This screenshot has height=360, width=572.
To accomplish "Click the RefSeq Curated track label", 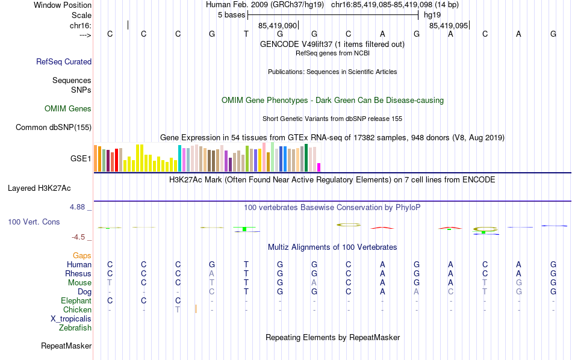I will pos(64,61).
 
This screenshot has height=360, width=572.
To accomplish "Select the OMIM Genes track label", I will pos(68,109).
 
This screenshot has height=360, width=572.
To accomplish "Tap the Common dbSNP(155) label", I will pos(54,127).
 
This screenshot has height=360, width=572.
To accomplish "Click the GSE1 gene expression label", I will pos(81,159).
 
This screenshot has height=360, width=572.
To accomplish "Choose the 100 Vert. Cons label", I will pos(34,222).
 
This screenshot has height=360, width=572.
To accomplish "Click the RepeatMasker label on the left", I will pos(66,346).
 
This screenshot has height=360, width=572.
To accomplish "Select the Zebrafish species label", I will pos(75,328).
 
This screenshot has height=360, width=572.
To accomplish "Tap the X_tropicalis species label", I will pos(71,319).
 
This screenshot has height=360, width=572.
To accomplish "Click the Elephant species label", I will pos(76,300).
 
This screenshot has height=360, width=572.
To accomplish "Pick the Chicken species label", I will pos(77,309).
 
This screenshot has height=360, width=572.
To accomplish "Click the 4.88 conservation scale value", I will pos(80,207).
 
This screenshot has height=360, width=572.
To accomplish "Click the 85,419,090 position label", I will pos(278,26).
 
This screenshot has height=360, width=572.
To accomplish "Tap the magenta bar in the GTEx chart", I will pos(319,167).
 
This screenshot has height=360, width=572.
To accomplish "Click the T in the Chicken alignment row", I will pos(178,309).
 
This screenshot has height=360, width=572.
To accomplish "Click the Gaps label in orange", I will pos(82,256).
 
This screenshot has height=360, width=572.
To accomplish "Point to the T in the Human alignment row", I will pos(246,264).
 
